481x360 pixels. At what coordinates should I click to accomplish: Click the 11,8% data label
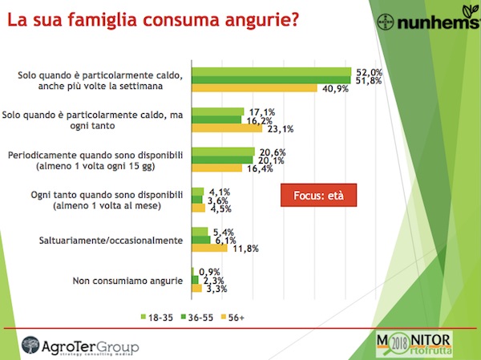[x=242, y=249]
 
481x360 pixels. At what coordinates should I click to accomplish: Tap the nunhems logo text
[x=435, y=22]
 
